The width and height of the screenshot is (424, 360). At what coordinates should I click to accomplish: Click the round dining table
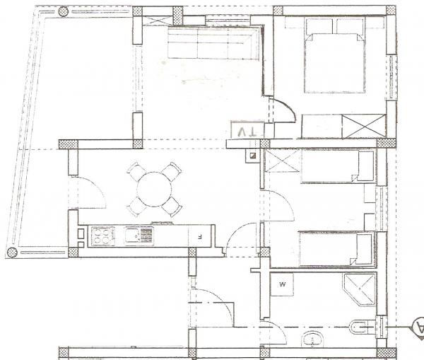pos(154,190)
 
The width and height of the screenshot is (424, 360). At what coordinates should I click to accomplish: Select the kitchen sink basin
pos(132,236)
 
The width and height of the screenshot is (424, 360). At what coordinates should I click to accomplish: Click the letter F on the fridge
pos(199,237)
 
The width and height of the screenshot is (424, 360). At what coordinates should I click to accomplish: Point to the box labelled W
pos(282,284)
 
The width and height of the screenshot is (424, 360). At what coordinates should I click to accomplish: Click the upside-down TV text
pos(247,132)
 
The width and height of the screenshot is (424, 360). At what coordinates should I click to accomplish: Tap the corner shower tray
pos(360,289)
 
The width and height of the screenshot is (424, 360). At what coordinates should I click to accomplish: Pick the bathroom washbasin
pos(312,339)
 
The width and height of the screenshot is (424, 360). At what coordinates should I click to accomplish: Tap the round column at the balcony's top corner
pos(63,11)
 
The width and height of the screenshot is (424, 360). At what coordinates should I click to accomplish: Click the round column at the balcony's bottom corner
pos(12,252)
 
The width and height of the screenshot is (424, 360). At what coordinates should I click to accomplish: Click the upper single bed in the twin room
pos(338,166)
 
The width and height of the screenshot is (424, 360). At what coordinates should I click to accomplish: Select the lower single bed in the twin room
pos(337,249)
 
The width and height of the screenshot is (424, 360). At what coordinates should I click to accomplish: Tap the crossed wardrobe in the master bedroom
pos(364,127)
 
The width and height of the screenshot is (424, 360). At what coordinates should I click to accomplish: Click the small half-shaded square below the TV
pos(253,156)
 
